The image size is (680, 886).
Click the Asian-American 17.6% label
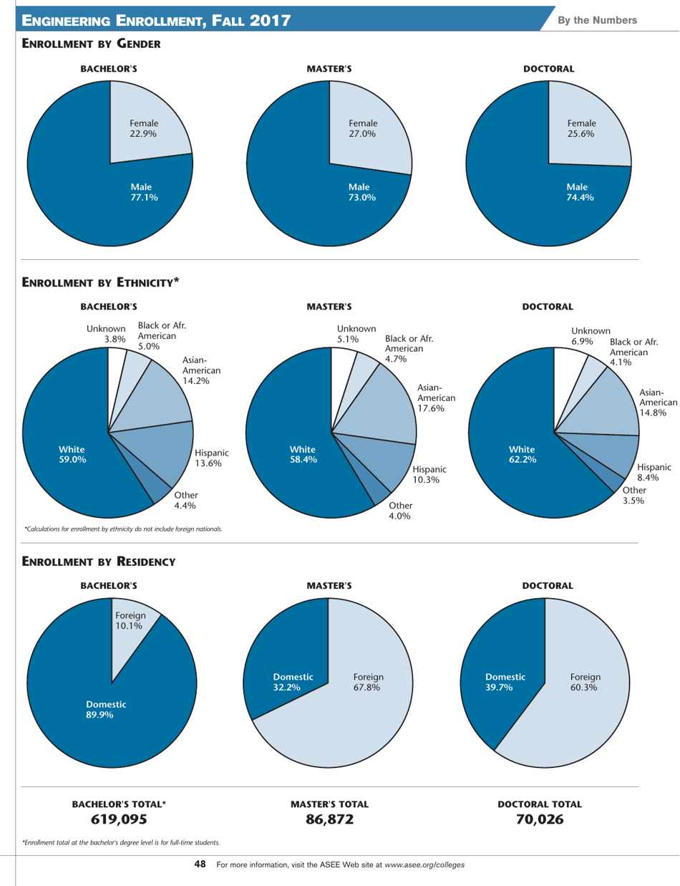[431, 398]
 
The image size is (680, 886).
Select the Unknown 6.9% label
[591, 335]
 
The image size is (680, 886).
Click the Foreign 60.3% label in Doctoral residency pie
[586, 681]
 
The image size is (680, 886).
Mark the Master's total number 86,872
[329, 819]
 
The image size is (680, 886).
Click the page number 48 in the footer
[200, 865]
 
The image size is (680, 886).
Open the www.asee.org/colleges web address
[424, 865]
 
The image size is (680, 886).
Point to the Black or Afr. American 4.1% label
[633, 353]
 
